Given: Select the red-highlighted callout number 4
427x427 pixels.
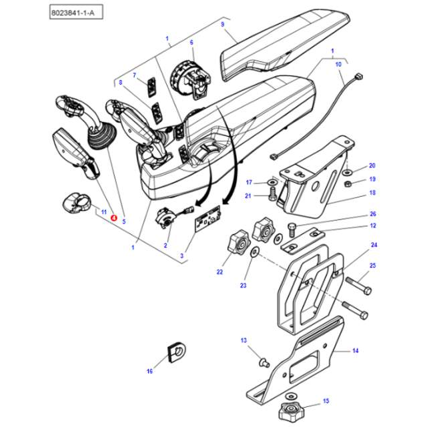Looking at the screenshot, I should coord(113,218).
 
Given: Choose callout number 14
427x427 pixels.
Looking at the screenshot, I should coord(355,350).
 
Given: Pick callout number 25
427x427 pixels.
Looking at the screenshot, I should coord(372,266).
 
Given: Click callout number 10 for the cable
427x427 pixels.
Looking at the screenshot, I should coord(338,64).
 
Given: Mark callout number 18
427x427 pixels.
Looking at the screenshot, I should coord(372,193).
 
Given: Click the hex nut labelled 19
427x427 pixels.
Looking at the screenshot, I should coord(348,181).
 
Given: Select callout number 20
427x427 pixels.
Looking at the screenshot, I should coord(372,165).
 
